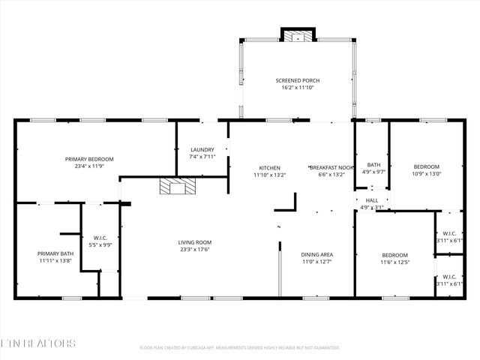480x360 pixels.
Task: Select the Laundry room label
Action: tap(202, 149)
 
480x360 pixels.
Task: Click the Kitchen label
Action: tap(269, 167)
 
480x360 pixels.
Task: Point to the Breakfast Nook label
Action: tap(331, 167)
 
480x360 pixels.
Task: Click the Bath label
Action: tap(373, 165)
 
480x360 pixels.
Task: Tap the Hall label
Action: tap(372, 200)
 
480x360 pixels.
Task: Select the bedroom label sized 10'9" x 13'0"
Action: tap(426, 166)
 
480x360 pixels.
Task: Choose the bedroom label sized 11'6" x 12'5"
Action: tap(394, 255)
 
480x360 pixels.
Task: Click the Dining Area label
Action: tap(316, 255)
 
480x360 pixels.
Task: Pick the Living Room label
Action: tap(195, 242)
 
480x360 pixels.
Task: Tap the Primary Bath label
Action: tap(55, 254)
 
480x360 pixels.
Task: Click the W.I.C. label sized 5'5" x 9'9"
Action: tap(101, 238)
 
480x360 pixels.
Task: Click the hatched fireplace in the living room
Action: tap(177, 186)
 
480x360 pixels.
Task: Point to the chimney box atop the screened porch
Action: tap(298, 35)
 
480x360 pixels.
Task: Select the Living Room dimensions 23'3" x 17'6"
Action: tap(195, 250)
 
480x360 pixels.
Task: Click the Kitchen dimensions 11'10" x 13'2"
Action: tap(269, 175)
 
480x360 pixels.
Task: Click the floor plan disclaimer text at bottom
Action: tap(240, 347)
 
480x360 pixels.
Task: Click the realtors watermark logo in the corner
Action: tap(37, 343)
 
